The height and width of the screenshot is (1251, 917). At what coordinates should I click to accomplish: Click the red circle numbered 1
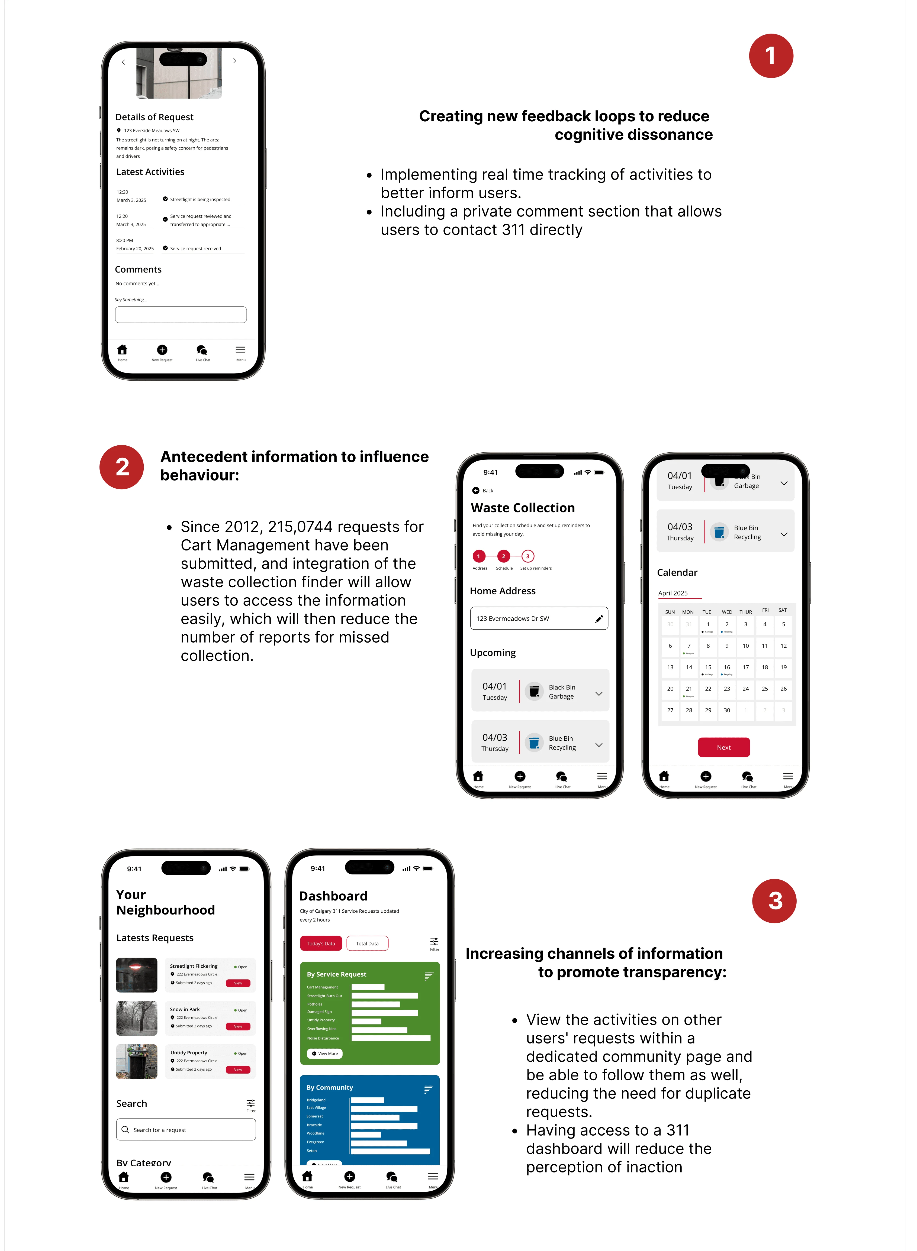(x=770, y=56)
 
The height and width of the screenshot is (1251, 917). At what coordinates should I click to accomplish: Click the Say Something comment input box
(x=181, y=315)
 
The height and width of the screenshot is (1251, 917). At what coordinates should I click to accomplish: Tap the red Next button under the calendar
(x=723, y=747)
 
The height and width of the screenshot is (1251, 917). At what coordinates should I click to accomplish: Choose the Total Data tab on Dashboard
(x=367, y=943)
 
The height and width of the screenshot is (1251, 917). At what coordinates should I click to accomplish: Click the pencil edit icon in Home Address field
(x=599, y=618)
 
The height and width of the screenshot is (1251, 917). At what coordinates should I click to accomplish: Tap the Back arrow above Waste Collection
(x=476, y=490)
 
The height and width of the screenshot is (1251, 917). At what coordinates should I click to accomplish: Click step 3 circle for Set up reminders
(x=527, y=556)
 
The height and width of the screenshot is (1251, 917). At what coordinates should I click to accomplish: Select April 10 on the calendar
(x=745, y=646)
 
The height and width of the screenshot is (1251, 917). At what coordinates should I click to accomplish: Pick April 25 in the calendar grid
(x=764, y=688)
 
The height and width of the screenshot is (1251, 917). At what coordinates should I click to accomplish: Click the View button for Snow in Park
(x=237, y=1026)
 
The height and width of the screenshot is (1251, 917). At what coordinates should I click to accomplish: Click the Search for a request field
(x=186, y=1130)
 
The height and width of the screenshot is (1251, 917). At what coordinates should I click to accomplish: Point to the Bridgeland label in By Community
(x=316, y=1100)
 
